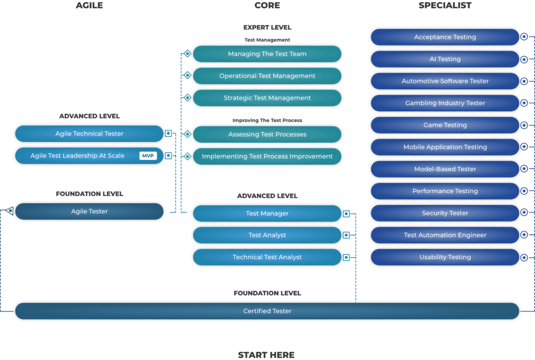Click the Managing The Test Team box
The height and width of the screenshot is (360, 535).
click(x=267, y=54)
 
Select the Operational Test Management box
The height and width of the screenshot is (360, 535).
click(x=267, y=76)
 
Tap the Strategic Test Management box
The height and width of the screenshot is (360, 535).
click(x=267, y=98)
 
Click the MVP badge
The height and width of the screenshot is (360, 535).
click(x=148, y=156)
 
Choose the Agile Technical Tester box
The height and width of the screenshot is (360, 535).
click(x=89, y=134)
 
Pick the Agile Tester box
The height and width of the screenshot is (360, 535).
click(x=89, y=212)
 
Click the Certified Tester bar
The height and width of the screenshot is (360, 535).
click(x=267, y=311)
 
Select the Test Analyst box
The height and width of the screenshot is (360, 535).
click(x=267, y=235)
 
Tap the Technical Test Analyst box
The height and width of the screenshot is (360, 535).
click(x=267, y=257)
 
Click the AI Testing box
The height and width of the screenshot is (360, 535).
click(x=445, y=59)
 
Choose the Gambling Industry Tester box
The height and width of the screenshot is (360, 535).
click(x=445, y=103)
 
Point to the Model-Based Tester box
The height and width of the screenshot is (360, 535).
click(x=445, y=169)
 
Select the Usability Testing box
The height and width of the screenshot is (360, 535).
click(x=445, y=257)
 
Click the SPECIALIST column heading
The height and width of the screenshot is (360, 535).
click(x=445, y=6)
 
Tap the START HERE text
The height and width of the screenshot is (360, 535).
click(x=266, y=355)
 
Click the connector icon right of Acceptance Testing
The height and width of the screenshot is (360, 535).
click(x=524, y=37)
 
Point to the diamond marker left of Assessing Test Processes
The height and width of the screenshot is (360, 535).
click(x=187, y=134)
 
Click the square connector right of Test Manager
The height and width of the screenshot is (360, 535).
click(x=346, y=214)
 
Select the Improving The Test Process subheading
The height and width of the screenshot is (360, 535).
click(x=267, y=121)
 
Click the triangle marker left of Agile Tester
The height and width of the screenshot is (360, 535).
click(x=9, y=211)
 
